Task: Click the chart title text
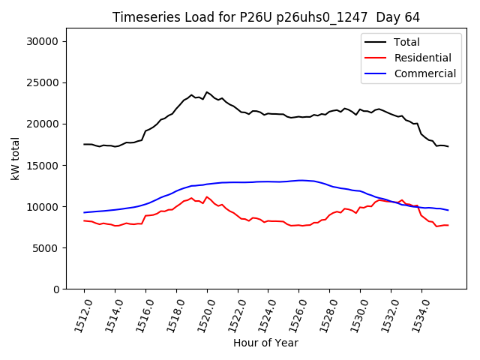pos(266,17)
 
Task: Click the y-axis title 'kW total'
pos(16,158)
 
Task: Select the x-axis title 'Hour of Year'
pos(265,343)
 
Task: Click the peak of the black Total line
pos(207,92)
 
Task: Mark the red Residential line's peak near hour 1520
pos(207,197)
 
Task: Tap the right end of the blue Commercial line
pos(448,210)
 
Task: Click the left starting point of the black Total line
pos(84,145)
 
